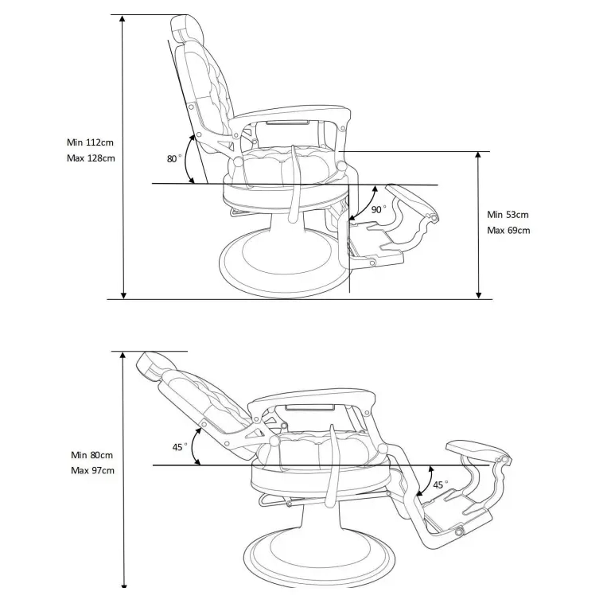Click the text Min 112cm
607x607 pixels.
90,142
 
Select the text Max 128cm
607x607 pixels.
91,158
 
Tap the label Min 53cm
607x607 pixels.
508,215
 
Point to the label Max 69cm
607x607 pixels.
508,231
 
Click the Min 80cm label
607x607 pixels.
91,455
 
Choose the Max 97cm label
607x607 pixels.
92,471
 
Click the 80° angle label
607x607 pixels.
173,159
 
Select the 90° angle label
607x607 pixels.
378,209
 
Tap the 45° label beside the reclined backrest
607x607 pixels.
180,447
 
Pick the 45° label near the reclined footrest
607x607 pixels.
440,484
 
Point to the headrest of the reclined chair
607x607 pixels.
154,366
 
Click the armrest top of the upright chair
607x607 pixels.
291,113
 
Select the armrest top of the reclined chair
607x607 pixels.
312,398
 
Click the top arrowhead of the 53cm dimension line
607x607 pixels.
478,155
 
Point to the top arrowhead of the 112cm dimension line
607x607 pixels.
123,18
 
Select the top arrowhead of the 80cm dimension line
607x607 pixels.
123,356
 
